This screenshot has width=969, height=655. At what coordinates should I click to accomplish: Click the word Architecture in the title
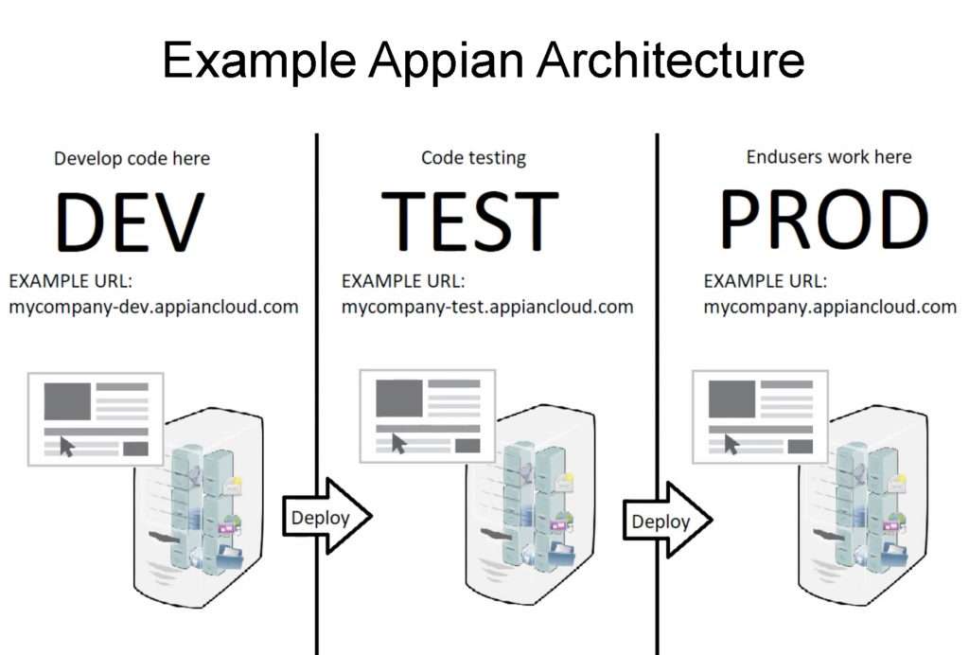(671, 60)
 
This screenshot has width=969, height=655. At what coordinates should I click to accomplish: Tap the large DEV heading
(130, 221)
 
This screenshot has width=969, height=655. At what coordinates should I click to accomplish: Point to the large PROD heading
(824, 219)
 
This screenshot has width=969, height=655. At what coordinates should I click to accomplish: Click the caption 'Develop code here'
(132, 159)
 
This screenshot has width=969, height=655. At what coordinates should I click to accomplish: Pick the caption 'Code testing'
(473, 158)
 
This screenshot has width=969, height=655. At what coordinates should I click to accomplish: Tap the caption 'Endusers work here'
(829, 157)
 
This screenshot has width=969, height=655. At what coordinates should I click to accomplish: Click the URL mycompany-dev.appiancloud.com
(153, 307)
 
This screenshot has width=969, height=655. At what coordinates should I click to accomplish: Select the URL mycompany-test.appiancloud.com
(487, 307)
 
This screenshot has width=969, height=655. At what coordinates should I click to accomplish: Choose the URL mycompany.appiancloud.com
(830, 307)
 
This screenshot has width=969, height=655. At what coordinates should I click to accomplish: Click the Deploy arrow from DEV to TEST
(326, 516)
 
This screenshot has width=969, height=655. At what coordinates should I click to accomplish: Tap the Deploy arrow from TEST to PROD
(667, 521)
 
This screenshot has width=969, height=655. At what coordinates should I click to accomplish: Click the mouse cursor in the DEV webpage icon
(66, 446)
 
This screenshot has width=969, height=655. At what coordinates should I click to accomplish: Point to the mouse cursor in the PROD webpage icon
(731, 444)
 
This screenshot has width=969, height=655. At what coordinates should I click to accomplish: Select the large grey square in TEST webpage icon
(399, 398)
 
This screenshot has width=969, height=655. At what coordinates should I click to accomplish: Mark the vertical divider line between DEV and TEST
(317, 394)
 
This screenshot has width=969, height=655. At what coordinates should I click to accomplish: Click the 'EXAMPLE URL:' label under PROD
(765, 281)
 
